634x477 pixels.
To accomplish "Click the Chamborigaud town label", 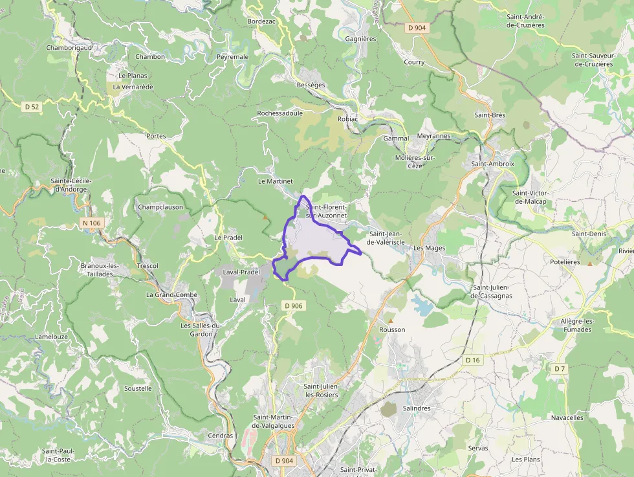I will [x=69, y=48].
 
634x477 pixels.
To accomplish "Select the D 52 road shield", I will [x=31, y=106].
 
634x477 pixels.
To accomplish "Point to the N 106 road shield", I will [x=92, y=223].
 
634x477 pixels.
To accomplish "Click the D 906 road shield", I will [x=293, y=305].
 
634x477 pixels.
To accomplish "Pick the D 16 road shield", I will [x=473, y=360].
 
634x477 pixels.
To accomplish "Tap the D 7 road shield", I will [x=560, y=368].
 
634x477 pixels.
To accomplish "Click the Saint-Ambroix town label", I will [x=492, y=164].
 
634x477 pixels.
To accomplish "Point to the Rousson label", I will [x=393, y=329].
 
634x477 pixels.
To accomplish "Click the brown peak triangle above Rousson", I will [x=390, y=320].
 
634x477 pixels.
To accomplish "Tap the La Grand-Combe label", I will [x=171, y=294].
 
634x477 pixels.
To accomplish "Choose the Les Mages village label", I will [x=429, y=248].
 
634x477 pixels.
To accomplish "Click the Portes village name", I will [x=156, y=137].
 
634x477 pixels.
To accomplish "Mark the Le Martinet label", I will [x=276, y=181].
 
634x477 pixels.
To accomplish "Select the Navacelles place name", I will [x=567, y=417].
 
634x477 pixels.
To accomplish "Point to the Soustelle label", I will [x=138, y=388].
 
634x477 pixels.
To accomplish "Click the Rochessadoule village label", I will [x=279, y=113].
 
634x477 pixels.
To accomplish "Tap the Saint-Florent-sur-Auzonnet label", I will [x=327, y=210].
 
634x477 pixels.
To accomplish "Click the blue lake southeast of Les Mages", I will [x=423, y=305].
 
